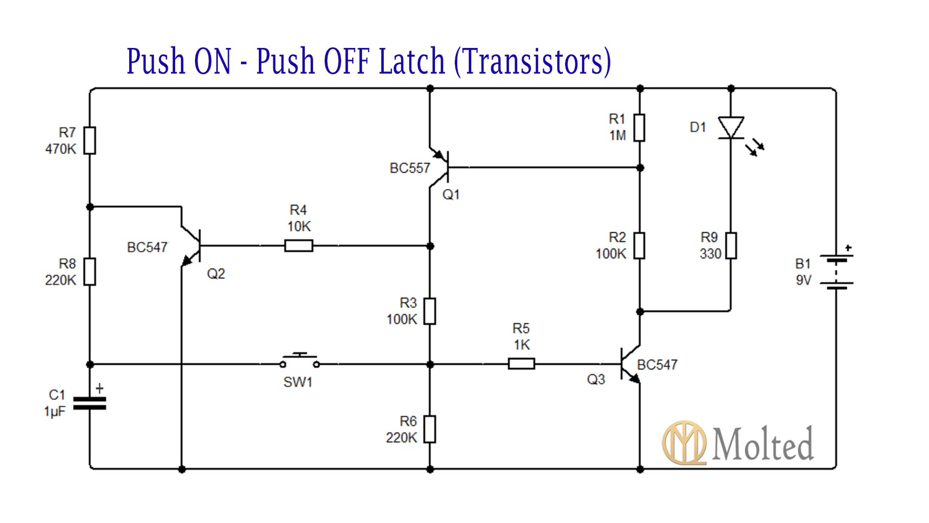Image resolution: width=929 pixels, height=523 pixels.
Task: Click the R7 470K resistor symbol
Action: click(x=89, y=140)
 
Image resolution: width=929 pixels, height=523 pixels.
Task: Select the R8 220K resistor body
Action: click(x=89, y=271)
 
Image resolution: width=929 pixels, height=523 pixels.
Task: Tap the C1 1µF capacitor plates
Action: click(x=89, y=403)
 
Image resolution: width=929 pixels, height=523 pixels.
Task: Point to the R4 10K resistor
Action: click(x=299, y=246)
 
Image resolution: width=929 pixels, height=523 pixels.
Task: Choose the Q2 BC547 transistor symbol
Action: click(x=192, y=246)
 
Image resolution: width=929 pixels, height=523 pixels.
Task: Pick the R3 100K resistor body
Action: click(x=430, y=311)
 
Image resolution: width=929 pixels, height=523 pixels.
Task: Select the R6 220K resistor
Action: click(x=430, y=429)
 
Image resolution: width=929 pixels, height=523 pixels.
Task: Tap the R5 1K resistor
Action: click(x=521, y=364)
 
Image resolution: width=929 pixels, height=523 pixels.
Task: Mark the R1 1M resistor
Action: click(x=639, y=128)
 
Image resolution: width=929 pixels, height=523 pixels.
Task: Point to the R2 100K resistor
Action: click(x=639, y=246)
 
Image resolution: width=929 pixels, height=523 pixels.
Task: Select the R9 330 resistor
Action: click(x=730, y=246)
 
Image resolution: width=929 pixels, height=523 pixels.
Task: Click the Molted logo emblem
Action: click(x=684, y=442)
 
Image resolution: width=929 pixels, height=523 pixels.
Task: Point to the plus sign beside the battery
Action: click(x=848, y=248)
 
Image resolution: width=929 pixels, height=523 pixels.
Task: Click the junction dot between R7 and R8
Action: click(x=90, y=207)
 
